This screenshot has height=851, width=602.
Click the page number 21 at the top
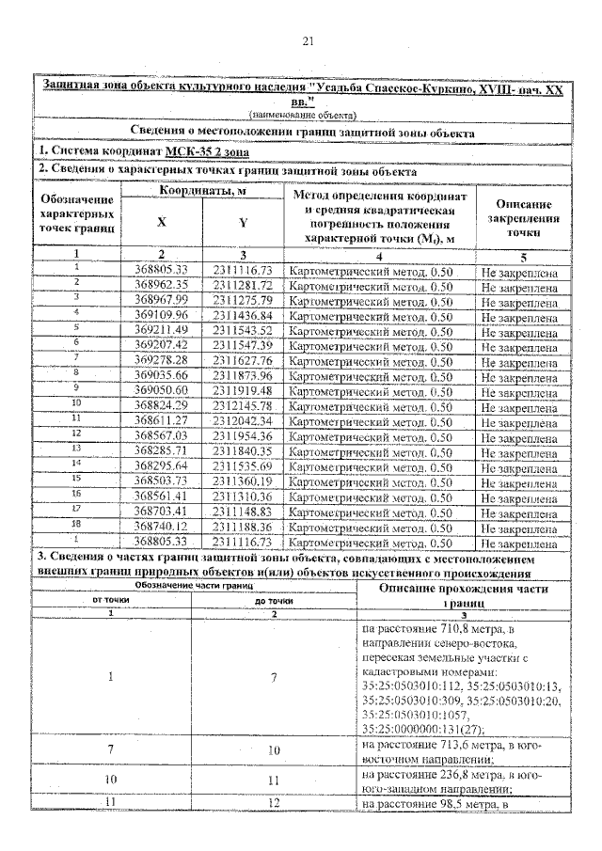click(307, 40)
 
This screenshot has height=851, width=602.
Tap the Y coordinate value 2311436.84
click(242, 315)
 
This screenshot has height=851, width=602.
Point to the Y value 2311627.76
click(242, 361)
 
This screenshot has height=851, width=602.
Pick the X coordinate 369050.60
click(162, 391)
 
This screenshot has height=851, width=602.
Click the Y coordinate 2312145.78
click(242, 406)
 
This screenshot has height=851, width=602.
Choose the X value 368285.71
click(162, 451)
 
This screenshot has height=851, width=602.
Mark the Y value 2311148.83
click(242, 512)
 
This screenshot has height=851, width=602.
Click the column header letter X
click(161, 224)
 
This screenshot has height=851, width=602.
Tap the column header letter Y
click(243, 224)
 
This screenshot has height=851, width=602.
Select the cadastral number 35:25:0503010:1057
click(408, 714)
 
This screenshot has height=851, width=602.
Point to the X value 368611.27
click(162, 421)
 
